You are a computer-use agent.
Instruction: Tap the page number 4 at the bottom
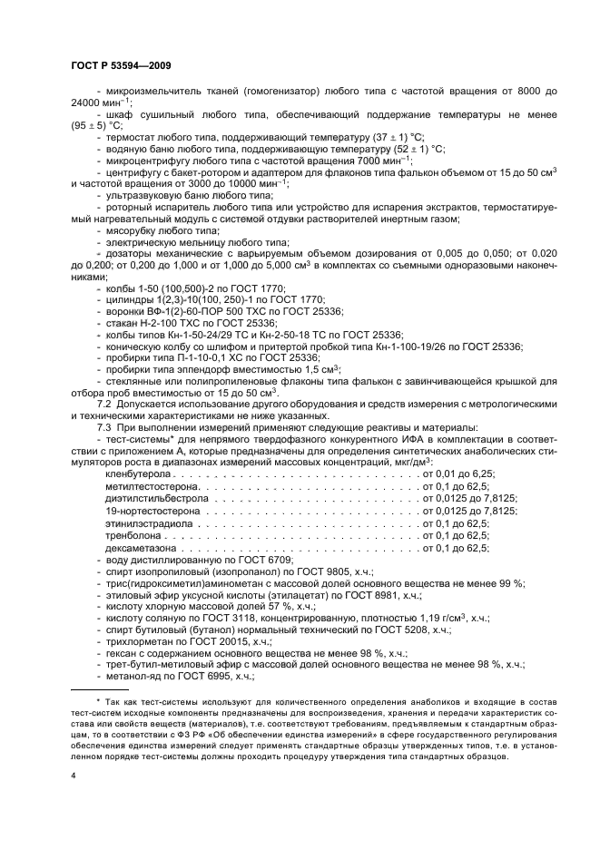pyautogui.click(x=73, y=776)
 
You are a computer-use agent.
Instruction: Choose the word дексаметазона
pyautogui.click(x=142, y=548)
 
